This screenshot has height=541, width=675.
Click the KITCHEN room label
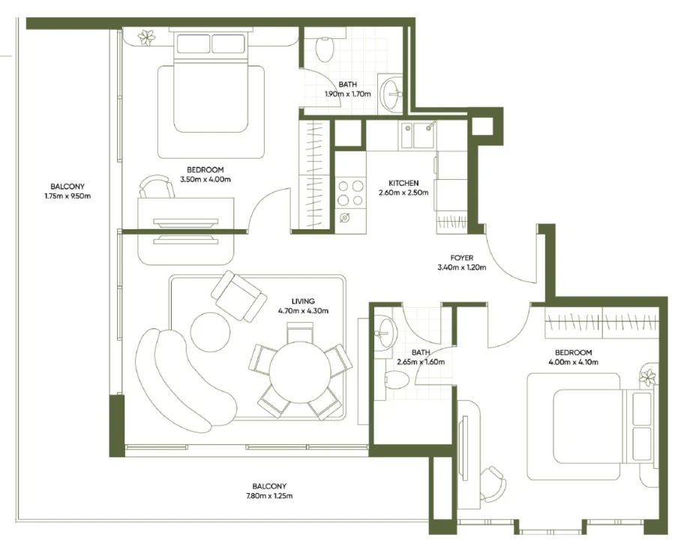click(403, 183)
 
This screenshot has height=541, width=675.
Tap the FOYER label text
click(461, 258)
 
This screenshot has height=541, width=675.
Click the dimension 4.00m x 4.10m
click(573, 363)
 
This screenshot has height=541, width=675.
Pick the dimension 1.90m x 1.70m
click(347, 94)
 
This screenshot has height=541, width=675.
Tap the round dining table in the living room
click(300, 372)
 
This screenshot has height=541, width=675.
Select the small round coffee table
click(210, 331)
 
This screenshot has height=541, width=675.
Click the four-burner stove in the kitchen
click(349, 193)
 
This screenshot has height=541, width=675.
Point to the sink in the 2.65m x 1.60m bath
click(385, 330)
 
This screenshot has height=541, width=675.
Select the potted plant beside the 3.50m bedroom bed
click(146, 37)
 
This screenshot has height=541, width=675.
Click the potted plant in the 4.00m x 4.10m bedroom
click(648, 377)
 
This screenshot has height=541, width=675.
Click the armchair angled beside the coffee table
click(238, 295)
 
